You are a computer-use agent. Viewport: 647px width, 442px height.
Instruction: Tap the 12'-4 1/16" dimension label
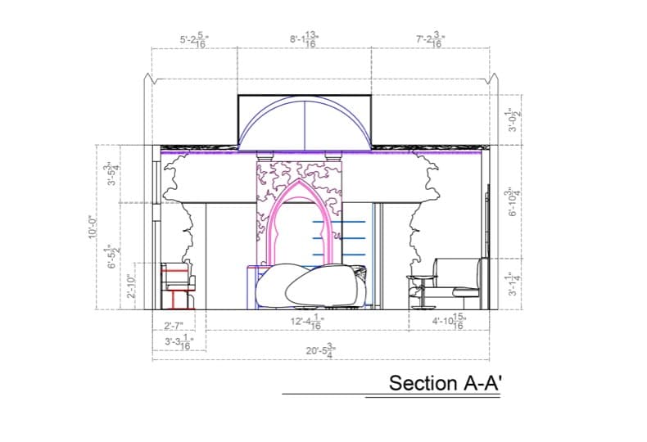(306, 322)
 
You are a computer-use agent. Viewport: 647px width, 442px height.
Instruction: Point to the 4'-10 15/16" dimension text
(448, 322)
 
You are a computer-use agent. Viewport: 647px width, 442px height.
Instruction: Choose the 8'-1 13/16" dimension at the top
(304, 40)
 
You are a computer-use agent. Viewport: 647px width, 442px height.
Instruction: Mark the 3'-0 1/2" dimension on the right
(514, 120)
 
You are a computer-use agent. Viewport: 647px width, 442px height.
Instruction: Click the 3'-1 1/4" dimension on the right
(514, 284)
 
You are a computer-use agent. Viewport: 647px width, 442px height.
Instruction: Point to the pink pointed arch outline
(288, 196)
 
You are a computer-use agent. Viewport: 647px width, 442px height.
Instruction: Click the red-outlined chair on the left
(177, 286)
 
